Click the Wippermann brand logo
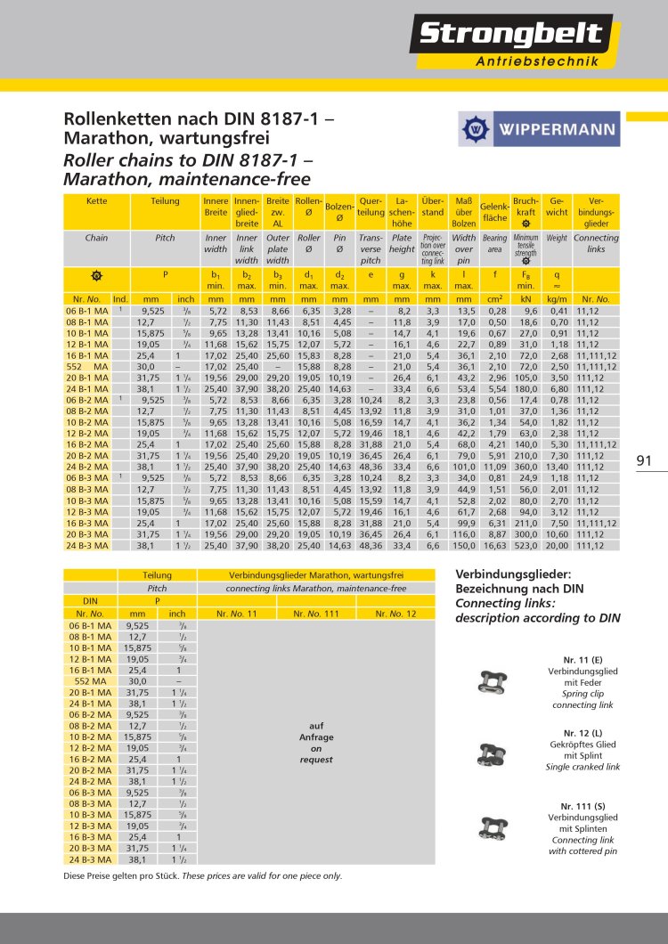[x=537, y=129]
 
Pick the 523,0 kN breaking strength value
[x=525, y=546]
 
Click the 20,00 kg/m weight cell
[x=557, y=546]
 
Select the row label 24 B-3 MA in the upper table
[x=87, y=546]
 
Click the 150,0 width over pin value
[x=464, y=546]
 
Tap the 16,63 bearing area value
[x=494, y=546]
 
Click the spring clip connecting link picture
[x=490, y=682]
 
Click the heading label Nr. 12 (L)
[x=582, y=733]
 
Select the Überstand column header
[x=433, y=208]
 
